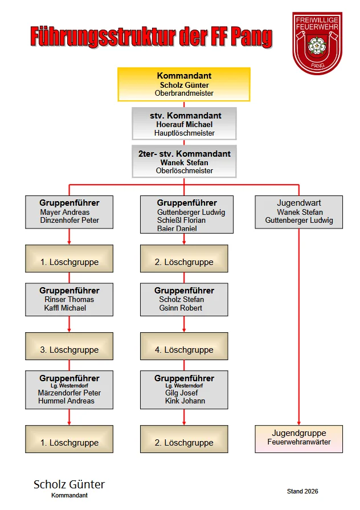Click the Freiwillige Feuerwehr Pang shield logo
[317, 43]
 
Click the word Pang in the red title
[251, 36]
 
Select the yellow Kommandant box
[184, 84]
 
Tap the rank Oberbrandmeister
[184, 93]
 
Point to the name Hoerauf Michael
[185, 125]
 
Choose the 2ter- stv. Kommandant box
[184, 161]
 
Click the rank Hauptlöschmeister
[185, 133]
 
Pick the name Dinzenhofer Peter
[69, 220]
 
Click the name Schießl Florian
[182, 220]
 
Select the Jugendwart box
[299, 212]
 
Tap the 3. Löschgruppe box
[69, 346]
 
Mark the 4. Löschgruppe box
[184, 346]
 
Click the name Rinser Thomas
[69, 300]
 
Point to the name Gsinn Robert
[181, 308]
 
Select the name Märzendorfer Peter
[69, 393]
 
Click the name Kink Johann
[185, 401]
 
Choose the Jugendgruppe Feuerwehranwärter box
[299, 439]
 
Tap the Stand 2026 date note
[302, 491]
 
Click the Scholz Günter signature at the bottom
[69, 484]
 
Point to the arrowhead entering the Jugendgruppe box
[299, 423]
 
